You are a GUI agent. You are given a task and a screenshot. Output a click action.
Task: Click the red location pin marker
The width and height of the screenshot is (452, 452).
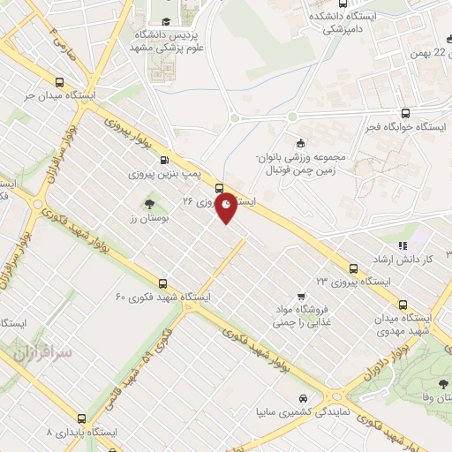click(227, 206)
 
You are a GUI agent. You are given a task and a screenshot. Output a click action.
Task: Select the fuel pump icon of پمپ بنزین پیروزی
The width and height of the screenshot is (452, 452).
click(165, 161)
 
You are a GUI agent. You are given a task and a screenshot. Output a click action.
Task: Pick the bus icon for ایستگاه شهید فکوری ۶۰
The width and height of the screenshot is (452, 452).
click(162, 283)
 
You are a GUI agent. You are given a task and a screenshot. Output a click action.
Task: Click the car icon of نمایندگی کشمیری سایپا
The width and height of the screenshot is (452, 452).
click(303, 399)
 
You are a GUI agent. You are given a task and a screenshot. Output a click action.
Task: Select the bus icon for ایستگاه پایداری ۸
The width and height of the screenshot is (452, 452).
click(82, 419)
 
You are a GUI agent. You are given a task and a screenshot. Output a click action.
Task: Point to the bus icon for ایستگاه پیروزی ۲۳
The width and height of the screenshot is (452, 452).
click(353, 267)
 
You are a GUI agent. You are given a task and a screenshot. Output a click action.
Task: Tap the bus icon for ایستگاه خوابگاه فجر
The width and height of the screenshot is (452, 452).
click(405, 113)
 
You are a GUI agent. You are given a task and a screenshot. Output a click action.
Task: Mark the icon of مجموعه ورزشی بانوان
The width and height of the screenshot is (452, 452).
click(300, 143)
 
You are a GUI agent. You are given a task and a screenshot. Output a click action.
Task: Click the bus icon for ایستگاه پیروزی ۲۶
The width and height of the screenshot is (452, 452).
click(219, 187)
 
